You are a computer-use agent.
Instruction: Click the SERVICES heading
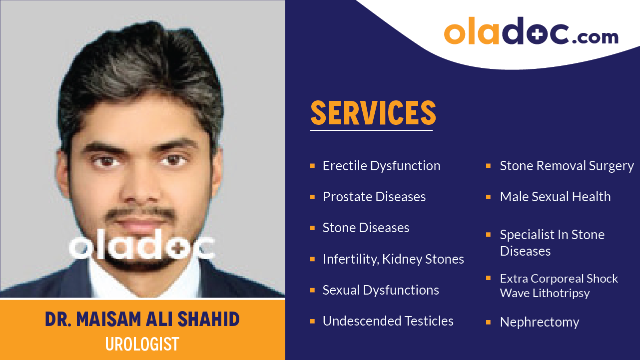pyautogui.click(x=373, y=113)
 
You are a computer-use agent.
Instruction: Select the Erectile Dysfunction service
pyautogui.click(x=381, y=166)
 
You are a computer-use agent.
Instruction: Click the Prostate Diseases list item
pyautogui.click(x=374, y=197)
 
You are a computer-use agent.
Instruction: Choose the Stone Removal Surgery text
pyautogui.click(x=567, y=166)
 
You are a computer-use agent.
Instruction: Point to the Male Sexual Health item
pyautogui.click(x=555, y=197)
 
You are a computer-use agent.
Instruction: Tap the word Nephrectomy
pyautogui.click(x=540, y=323)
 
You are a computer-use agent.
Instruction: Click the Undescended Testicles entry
pyautogui.click(x=388, y=321)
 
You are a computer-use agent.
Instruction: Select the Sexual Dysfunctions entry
pyautogui.click(x=381, y=290)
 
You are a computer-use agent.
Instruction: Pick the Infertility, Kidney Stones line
pyautogui.click(x=393, y=259)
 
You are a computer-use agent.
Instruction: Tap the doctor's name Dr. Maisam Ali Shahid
pyautogui.click(x=142, y=320)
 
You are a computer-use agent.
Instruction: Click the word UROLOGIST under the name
pyautogui.click(x=142, y=344)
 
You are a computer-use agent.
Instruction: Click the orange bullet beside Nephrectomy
pyautogui.click(x=488, y=323)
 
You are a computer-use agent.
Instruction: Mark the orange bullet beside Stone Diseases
pyautogui.click(x=312, y=228)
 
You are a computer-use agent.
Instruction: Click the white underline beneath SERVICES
pyautogui.click(x=371, y=130)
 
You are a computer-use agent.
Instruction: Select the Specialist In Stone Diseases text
pyautogui.click(x=552, y=243)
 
